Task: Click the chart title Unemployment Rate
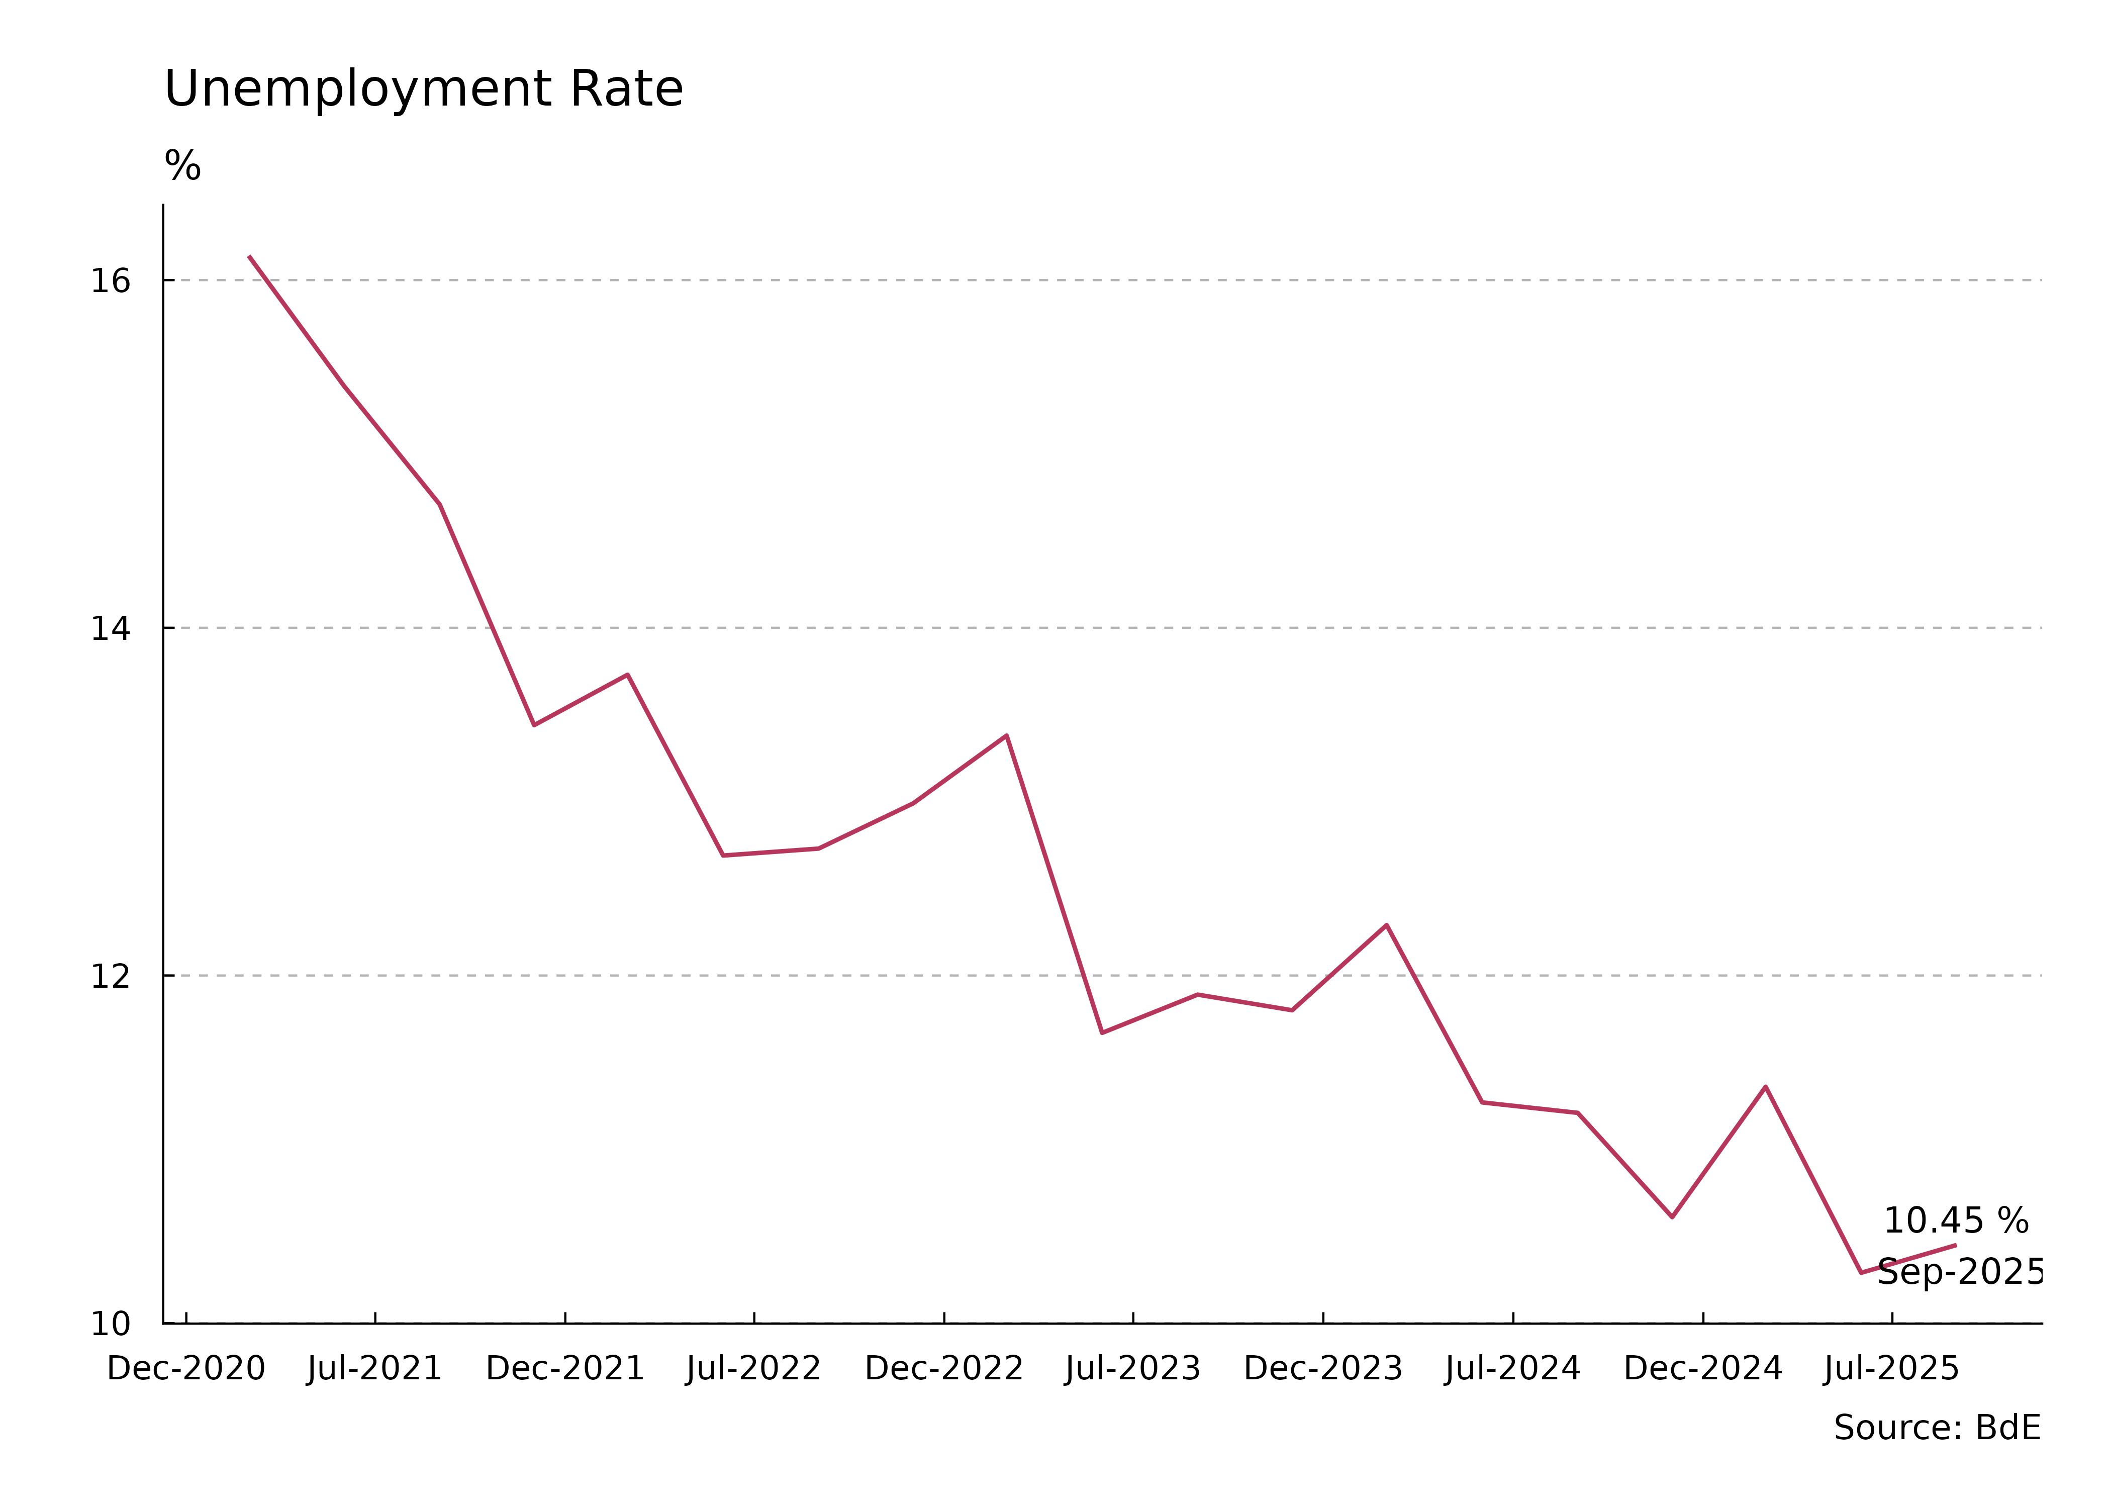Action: click(x=423, y=90)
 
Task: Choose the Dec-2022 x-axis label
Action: click(x=943, y=1369)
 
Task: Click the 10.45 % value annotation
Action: click(x=1956, y=1221)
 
